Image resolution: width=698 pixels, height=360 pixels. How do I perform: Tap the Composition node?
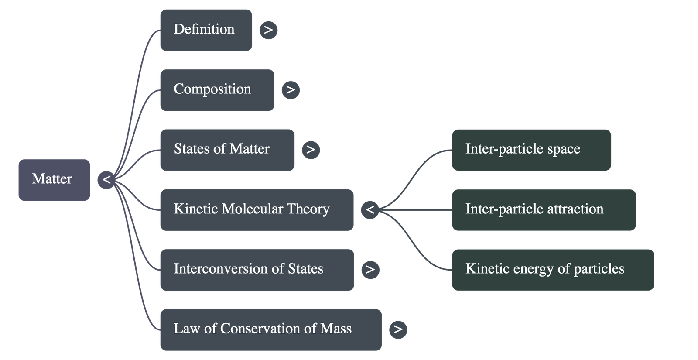[217, 89]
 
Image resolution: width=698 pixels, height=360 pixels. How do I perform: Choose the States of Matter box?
[227, 149]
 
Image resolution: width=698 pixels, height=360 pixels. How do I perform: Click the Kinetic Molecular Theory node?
[257, 209]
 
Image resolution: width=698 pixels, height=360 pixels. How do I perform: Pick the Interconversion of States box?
[257, 269]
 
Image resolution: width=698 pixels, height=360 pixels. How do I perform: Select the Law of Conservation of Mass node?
[270, 329]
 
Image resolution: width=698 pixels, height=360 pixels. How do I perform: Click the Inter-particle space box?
[531, 149]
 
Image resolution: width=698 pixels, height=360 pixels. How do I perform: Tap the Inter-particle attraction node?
[543, 209]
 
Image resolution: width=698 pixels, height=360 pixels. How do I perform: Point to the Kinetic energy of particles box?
[552, 269]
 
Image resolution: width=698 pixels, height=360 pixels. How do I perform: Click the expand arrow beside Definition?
[268, 30]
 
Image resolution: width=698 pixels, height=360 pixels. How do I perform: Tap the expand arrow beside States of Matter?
[311, 149]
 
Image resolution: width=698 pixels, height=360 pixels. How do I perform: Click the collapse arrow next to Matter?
[106, 179]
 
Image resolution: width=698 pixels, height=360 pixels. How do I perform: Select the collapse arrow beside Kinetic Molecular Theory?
[370, 209]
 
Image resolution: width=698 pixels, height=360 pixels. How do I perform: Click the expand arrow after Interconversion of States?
[370, 269]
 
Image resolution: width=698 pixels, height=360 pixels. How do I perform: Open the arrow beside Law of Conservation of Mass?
[398, 329]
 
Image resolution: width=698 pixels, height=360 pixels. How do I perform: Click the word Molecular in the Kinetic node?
[253, 209]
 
